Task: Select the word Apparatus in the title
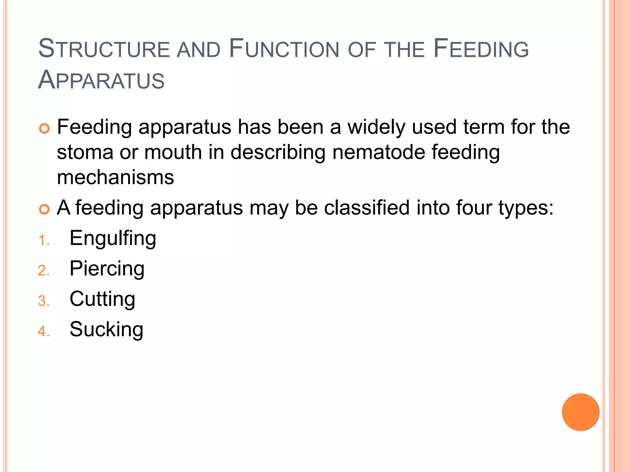tap(101, 80)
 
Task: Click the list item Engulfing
tap(113, 239)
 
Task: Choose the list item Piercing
tap(107, 269)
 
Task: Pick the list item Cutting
tap(102, 299)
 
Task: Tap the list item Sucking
tap(106, 330)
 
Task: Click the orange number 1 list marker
tap(44, 240)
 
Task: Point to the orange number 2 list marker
tap(44, 271)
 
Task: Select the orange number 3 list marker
tap(44, 301)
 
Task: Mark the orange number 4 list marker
tap(44, 332)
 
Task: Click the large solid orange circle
tap(580, 412)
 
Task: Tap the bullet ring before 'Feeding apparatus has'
tap(45, 128)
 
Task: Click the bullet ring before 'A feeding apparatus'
tap(45, 210)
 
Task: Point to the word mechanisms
tap(115, 178)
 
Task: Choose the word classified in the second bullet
tap(367, 208)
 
